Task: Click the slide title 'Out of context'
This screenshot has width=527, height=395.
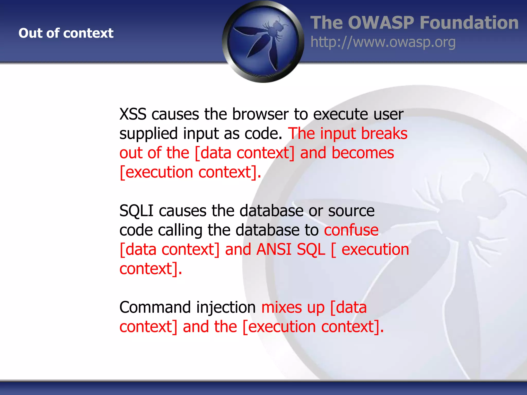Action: point(66,33)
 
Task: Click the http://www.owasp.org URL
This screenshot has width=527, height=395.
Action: point(383,42)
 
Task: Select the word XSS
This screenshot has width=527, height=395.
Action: point(133,114)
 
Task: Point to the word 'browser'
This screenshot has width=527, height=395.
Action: point(260,114)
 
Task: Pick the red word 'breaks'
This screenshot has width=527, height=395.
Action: point(384,133)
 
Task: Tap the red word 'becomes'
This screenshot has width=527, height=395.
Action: point(363,153)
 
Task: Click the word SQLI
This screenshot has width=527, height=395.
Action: point(136,211)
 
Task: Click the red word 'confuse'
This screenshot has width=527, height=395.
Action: point(351,230)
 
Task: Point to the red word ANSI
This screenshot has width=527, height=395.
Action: point(274,249)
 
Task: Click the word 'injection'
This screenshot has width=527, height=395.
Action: point(226,308)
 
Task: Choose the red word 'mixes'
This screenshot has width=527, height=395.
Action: point(282,307)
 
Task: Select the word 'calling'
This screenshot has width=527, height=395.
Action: point(180,230)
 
